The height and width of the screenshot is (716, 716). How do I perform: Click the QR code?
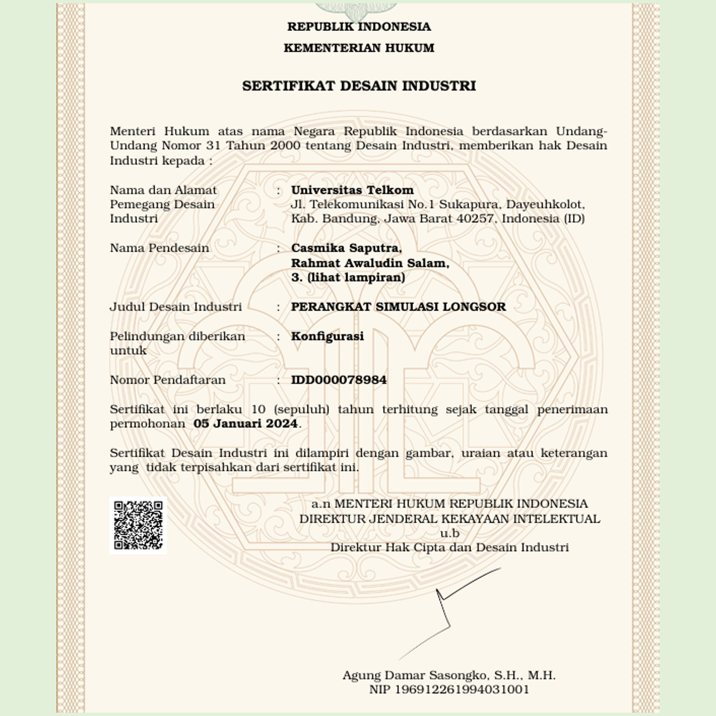pos(138,525)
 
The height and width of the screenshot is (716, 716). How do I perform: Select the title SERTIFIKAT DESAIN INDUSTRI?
pos(359,86)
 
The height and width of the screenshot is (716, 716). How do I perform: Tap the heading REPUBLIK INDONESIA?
pos(359,27)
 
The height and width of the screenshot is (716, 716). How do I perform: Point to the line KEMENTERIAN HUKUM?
pos(359,48)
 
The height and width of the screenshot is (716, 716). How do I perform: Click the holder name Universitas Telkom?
pos(352,190)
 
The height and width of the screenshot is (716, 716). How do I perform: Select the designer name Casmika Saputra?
pos(346,248)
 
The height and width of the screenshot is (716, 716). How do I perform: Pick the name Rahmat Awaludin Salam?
pos(369,263)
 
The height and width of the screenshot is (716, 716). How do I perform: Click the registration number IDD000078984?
pos(338,380)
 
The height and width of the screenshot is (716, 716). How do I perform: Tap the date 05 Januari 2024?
pos(245,424)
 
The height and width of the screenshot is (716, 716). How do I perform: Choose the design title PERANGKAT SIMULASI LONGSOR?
pos(398,306)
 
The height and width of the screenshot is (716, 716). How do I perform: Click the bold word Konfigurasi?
pos(327,336)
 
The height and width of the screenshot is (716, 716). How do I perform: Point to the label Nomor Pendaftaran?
pos(168,380)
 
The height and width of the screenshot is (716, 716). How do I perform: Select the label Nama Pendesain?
pos(159,248)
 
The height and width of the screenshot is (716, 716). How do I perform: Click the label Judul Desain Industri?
pos(176,306)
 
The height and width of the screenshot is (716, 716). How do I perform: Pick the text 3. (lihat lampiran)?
pos(348,277)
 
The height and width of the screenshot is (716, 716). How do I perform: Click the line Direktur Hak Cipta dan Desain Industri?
pos(450,547)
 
